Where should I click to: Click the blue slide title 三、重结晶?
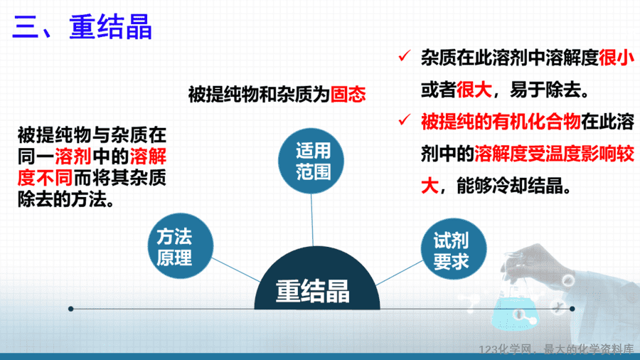pyautogui.click(x=82, y=27)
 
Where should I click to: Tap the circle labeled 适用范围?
pyautogui.click(x=311, y=161)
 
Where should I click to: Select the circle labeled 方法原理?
pyautogui.click(x=181, y=245)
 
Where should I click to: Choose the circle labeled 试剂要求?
pyautogui.click(x=454, y=248)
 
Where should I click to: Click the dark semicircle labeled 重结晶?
pyautogui.click(x=317, y=282)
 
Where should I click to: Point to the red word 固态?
pyautogui.click(x=348, y=95)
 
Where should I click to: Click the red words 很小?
pyautogui.click(x=617, y=58)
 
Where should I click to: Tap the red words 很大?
pyautogui.click(x=474, y=90)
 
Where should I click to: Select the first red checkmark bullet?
pyautogui.click(x=404, y=56)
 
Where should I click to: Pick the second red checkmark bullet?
pyautogui.click(x=404, y=120)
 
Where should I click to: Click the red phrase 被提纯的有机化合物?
pyautogui.click(x=501, y=122)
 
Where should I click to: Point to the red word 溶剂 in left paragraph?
pyautogui.click(x=73, y=157)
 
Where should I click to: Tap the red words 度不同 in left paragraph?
pyautogui.click(x=45, y=178)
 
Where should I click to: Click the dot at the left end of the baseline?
pyautogui.click(x=70, y=309)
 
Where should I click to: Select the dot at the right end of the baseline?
pyautogui.click(x=572, y=309)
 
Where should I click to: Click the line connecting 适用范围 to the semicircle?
pyautogui.click(x=312, y=220)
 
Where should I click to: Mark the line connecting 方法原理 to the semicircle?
pyautogui.click(x=236, y=270)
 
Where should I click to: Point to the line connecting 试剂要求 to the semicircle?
pyautogui.click(x=399, y=272)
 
